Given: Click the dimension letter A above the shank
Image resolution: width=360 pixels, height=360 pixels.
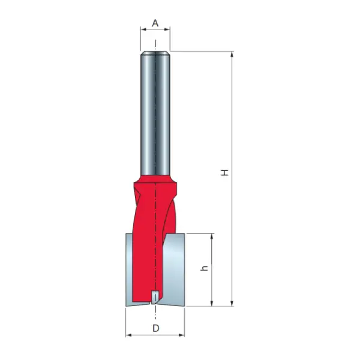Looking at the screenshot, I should (155, 23).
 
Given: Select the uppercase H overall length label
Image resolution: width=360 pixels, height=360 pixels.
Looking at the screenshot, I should (224, 172).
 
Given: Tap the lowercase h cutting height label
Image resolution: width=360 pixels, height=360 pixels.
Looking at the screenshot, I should (203, 269).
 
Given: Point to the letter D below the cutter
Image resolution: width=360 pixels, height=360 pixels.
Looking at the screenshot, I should (155, 328).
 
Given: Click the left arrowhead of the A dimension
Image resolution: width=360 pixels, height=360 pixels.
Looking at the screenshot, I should (143, 29).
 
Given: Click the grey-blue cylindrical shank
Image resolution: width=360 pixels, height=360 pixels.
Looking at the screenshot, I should (155, 114).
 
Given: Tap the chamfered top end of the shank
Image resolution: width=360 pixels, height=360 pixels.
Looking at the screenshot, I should (155, 55).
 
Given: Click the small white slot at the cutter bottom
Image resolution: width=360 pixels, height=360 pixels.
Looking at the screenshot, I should (155, 296).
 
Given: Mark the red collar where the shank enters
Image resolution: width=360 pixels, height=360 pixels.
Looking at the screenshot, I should (155, 179).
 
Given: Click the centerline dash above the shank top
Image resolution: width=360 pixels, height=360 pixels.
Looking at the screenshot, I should (155, 43).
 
